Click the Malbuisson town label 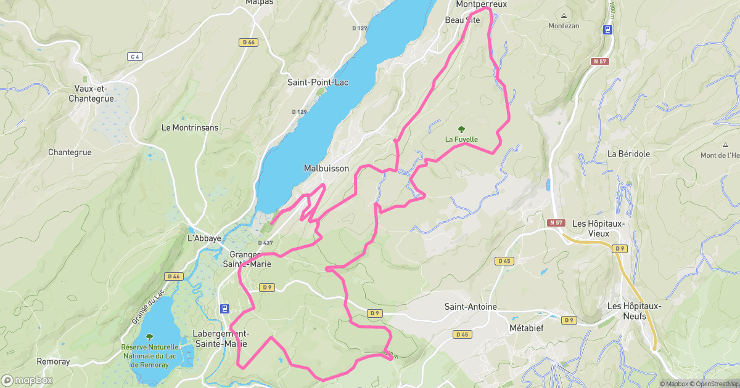click(326, 168)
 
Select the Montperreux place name click(481, 4)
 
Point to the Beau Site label click(462, 20)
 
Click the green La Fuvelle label click(461, 139)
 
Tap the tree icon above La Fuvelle click(461, 129)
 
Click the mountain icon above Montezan click(564, 15)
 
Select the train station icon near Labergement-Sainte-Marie click(225, 309)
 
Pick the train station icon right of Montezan click(608, 30)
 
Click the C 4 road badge click(135, 57)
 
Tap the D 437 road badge click(265, 243)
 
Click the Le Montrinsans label click(189, 127)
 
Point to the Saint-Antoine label click(471, 307)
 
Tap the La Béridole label click(628, 153)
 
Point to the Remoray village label click(53, 362)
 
